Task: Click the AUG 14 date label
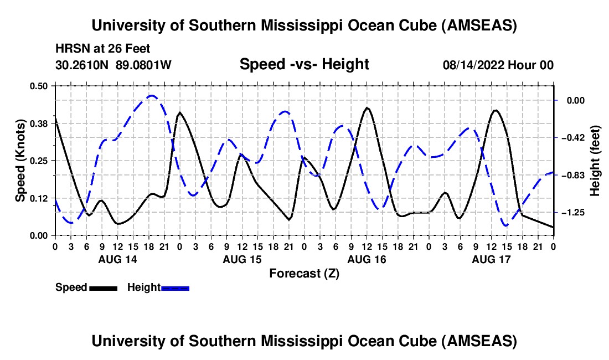[117, 259]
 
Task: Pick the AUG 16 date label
[367, 259]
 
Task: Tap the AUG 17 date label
[491, 259]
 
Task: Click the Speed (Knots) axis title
[20, 160]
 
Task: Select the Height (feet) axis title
[596, 161]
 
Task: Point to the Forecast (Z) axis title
[304, 273]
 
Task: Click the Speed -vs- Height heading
[304, 65]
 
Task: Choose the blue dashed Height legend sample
[175, 288]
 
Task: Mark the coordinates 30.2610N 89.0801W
[113, 65]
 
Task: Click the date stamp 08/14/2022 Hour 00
[498, 65]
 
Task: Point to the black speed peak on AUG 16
[367, 108]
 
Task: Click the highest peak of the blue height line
[152, 96]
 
